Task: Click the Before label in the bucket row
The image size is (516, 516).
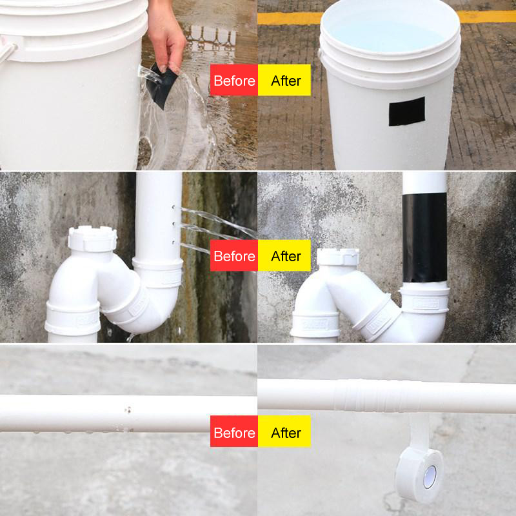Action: pyautogui.click(x=233, y=81)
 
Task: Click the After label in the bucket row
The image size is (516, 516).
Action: pyautogui.click(x=285, y=81)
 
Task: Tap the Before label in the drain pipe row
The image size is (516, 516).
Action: pyautogui.click(x=233, y=256)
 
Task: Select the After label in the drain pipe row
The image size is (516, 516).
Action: pyautogui.click(x=285, y=256)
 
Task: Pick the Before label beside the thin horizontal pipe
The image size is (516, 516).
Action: pyautogui.click(x=233, y=432)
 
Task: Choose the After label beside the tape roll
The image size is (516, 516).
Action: pyautogui.click(x=285, y=432)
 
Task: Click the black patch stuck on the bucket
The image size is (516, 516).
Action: pyautogui.click(x=406, y=111)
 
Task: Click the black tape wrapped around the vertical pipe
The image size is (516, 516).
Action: pyautogui.click(x=424, y=239)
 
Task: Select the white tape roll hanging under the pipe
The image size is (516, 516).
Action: pyautogui.click(x=420, y=475)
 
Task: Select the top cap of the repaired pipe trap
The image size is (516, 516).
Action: pyautogui.click(x=337, y=255)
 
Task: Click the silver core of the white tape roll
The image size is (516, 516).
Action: pyautogui.click(x=430, y=476)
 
